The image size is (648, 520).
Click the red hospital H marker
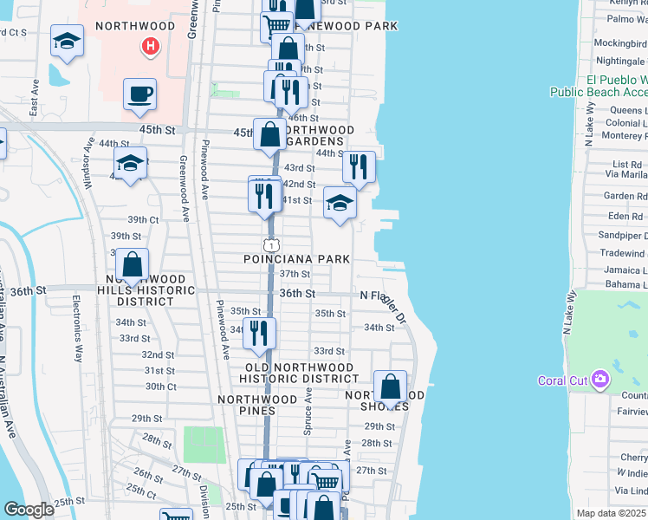point(151,46)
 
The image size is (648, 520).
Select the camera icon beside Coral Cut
point(599,379)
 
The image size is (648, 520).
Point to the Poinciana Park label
point(297,259)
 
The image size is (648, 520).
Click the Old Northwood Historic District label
point(297,373)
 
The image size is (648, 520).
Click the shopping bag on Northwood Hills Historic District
point(132,264)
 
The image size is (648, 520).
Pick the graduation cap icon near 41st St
point(340,203)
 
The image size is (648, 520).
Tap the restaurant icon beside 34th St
point(259,333)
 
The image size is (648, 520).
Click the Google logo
point(29,510)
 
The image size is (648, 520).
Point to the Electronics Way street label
point(77,328)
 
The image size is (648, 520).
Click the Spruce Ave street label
point(308,411)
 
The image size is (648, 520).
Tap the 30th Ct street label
point(160,387)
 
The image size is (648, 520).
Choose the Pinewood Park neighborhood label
point(356,26)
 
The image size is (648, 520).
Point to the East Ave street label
point(35,102)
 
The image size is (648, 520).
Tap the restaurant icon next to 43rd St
point(359,165)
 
